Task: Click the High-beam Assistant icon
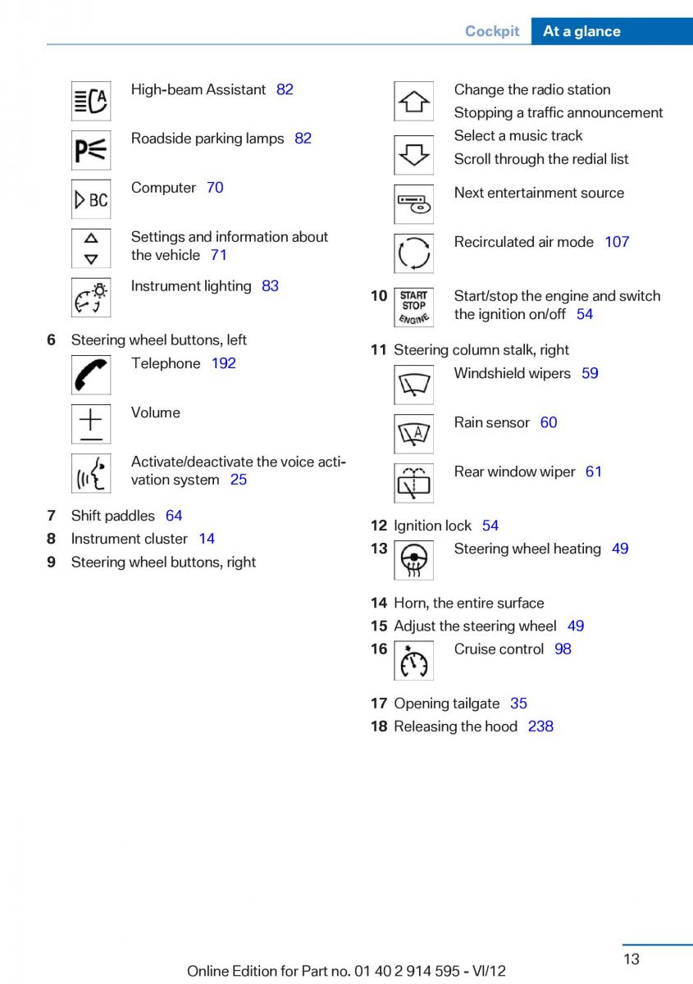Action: [x=91, y=101]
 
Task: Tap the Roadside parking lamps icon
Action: [x=91, y=150]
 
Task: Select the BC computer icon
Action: [x=91, y=199]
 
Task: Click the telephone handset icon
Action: [x=91, y=375]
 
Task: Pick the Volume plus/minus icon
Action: [x=91, y=424]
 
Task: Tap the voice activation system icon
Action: [x=91, y=473]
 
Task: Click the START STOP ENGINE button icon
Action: [x=413, y=307]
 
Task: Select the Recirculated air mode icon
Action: [x=413, y=253]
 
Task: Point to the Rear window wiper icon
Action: [x=413, y=483]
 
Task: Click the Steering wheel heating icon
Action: [x=413, y=561]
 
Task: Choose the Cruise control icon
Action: [x=413, y=661]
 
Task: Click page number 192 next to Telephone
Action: [x=223, y=363]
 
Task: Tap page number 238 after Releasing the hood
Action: [x=540, y=727]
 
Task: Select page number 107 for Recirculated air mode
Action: [x=617, y=242]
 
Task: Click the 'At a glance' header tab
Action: [x=581, y=31]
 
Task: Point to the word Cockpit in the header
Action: [x=492, y=31]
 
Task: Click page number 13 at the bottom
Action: [x=631, y=959]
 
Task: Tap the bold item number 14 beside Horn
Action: [x=378, y=604]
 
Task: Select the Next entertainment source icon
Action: [x=413, y=204]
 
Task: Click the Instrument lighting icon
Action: [x=91, y=298]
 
